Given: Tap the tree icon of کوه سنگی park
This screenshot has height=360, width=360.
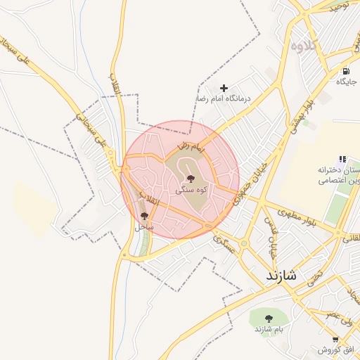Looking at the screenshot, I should pyautogui.click(x=191, y=179).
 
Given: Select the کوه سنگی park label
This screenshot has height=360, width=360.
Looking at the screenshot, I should pyautogui.click(x=191, y=191).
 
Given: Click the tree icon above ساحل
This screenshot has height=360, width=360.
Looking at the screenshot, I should pyautogui.click(x=145, y=216).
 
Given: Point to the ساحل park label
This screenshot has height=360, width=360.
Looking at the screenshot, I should pyautogui.click(x=144, y=227).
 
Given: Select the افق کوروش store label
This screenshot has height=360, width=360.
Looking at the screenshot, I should pyautogui.click(x=335, y=349).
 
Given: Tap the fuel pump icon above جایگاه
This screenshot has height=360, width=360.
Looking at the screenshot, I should pyautogui.click(x=346, y=71).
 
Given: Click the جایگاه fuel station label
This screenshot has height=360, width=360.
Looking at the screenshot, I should pyautogui.click(x=346, y=82).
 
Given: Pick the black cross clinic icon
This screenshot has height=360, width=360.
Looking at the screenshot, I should pyautogui.click(x=224, y=89).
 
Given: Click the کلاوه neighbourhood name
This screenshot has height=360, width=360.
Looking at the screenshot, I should pyautogui.click(x=306, y=46).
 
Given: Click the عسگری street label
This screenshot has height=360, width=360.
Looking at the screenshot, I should pyautogui.click(x=224, y=244).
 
